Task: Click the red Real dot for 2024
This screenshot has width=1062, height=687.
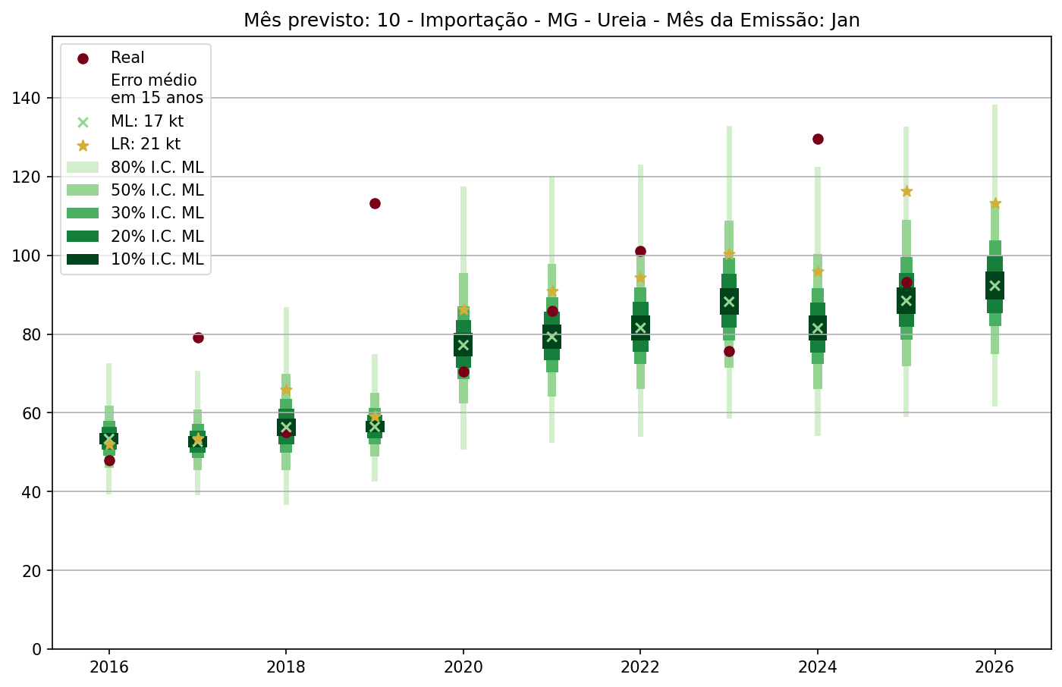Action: [x=818, y=139]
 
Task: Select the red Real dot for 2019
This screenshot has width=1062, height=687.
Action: [x=375, y=203]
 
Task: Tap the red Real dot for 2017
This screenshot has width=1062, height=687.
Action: [x=198, y=337]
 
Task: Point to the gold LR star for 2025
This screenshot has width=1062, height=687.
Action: [x=906, y=191]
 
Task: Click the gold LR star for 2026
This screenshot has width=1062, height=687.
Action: [x=995, y=203]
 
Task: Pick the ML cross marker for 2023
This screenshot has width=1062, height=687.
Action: [x=729, y=302]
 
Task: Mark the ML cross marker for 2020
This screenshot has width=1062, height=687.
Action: [x=463, y=345]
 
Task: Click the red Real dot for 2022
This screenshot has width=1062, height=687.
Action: [x=640, y=251]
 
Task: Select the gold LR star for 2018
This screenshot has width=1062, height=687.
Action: [x=286, y=390]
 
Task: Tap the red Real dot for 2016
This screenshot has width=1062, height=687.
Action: [x=109, y=460]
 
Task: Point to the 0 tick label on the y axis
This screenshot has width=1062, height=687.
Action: [x=36, y=649]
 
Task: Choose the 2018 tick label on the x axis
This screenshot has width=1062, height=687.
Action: [x=286, y=668]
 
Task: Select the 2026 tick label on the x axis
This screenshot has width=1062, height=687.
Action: [x=994, y=668]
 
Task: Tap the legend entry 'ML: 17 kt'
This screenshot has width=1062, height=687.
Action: [x=147, y=121]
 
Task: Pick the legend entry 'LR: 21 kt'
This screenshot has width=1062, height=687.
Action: [x=146, y=144]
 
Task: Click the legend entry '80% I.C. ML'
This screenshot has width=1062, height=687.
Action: [x=157, y=168]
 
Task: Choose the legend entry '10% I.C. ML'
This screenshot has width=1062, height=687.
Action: [x=157, y=259]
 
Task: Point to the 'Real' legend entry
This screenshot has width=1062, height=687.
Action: [x=127, y=58]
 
